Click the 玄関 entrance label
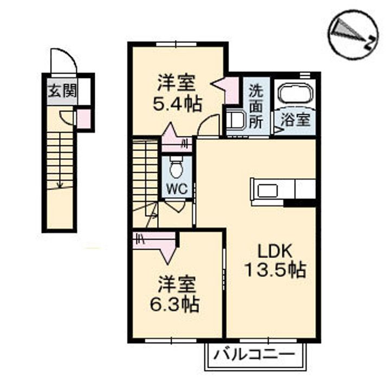(62, 91)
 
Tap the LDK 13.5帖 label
(275, 261)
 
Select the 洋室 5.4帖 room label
(177, 94)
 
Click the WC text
(177, 190)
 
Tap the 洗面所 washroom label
(256, 107)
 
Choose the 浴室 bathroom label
(296, 120)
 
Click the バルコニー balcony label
(254, 354)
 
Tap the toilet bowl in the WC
(177, 168)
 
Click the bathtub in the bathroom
(296, 93)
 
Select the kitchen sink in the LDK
(268, 191)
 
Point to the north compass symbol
(353, 35)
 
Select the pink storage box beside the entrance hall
(83, 119)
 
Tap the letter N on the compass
(370, 43)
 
